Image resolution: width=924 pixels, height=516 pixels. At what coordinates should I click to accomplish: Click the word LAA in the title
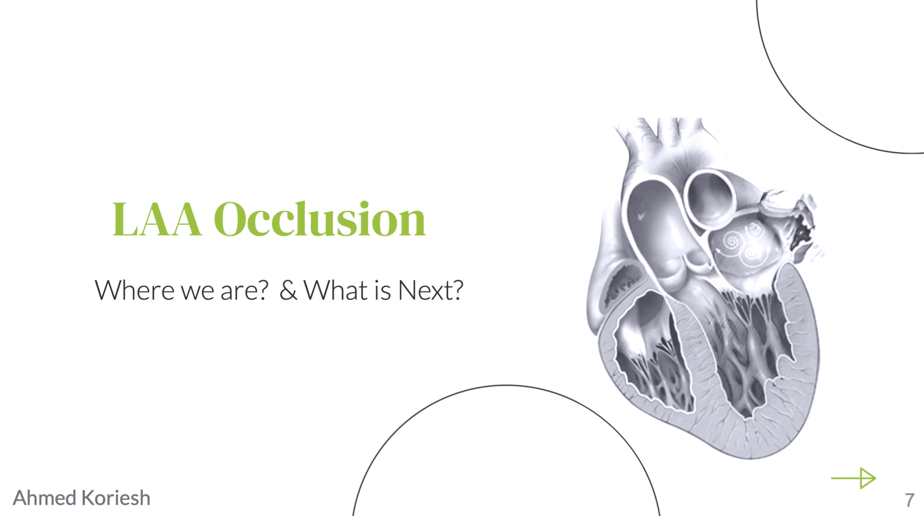(x=157, y=219)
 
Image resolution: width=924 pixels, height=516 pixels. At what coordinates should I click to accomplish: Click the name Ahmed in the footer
(x=45, y=498)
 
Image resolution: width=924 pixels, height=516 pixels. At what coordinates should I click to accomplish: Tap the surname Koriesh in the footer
(x=116, y=498)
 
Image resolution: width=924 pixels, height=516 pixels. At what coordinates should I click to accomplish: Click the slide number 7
(x=910, y=500)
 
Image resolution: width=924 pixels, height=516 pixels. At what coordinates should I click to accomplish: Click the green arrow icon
(x=853, y=478)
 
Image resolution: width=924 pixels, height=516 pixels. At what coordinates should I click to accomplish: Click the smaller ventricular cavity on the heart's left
(x=650, y=352)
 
